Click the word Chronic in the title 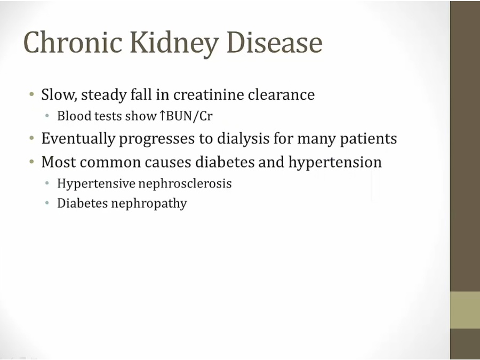click(x=73, y=42)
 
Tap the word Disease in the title click(x=275, y=42)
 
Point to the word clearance click(x=281, y=94)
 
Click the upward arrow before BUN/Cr click(x=162, y=116)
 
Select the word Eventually click(x=78, y=139)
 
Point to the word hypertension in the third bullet click(x=335, y=162)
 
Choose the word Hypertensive click(x=96, y=183)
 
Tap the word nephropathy click(x=149, y=204)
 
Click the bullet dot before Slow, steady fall click(x=32, y=94)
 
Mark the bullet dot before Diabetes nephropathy click(x=47, y=203)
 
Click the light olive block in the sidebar click(x=465, y=310)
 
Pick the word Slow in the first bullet click(x=58, y=94)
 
